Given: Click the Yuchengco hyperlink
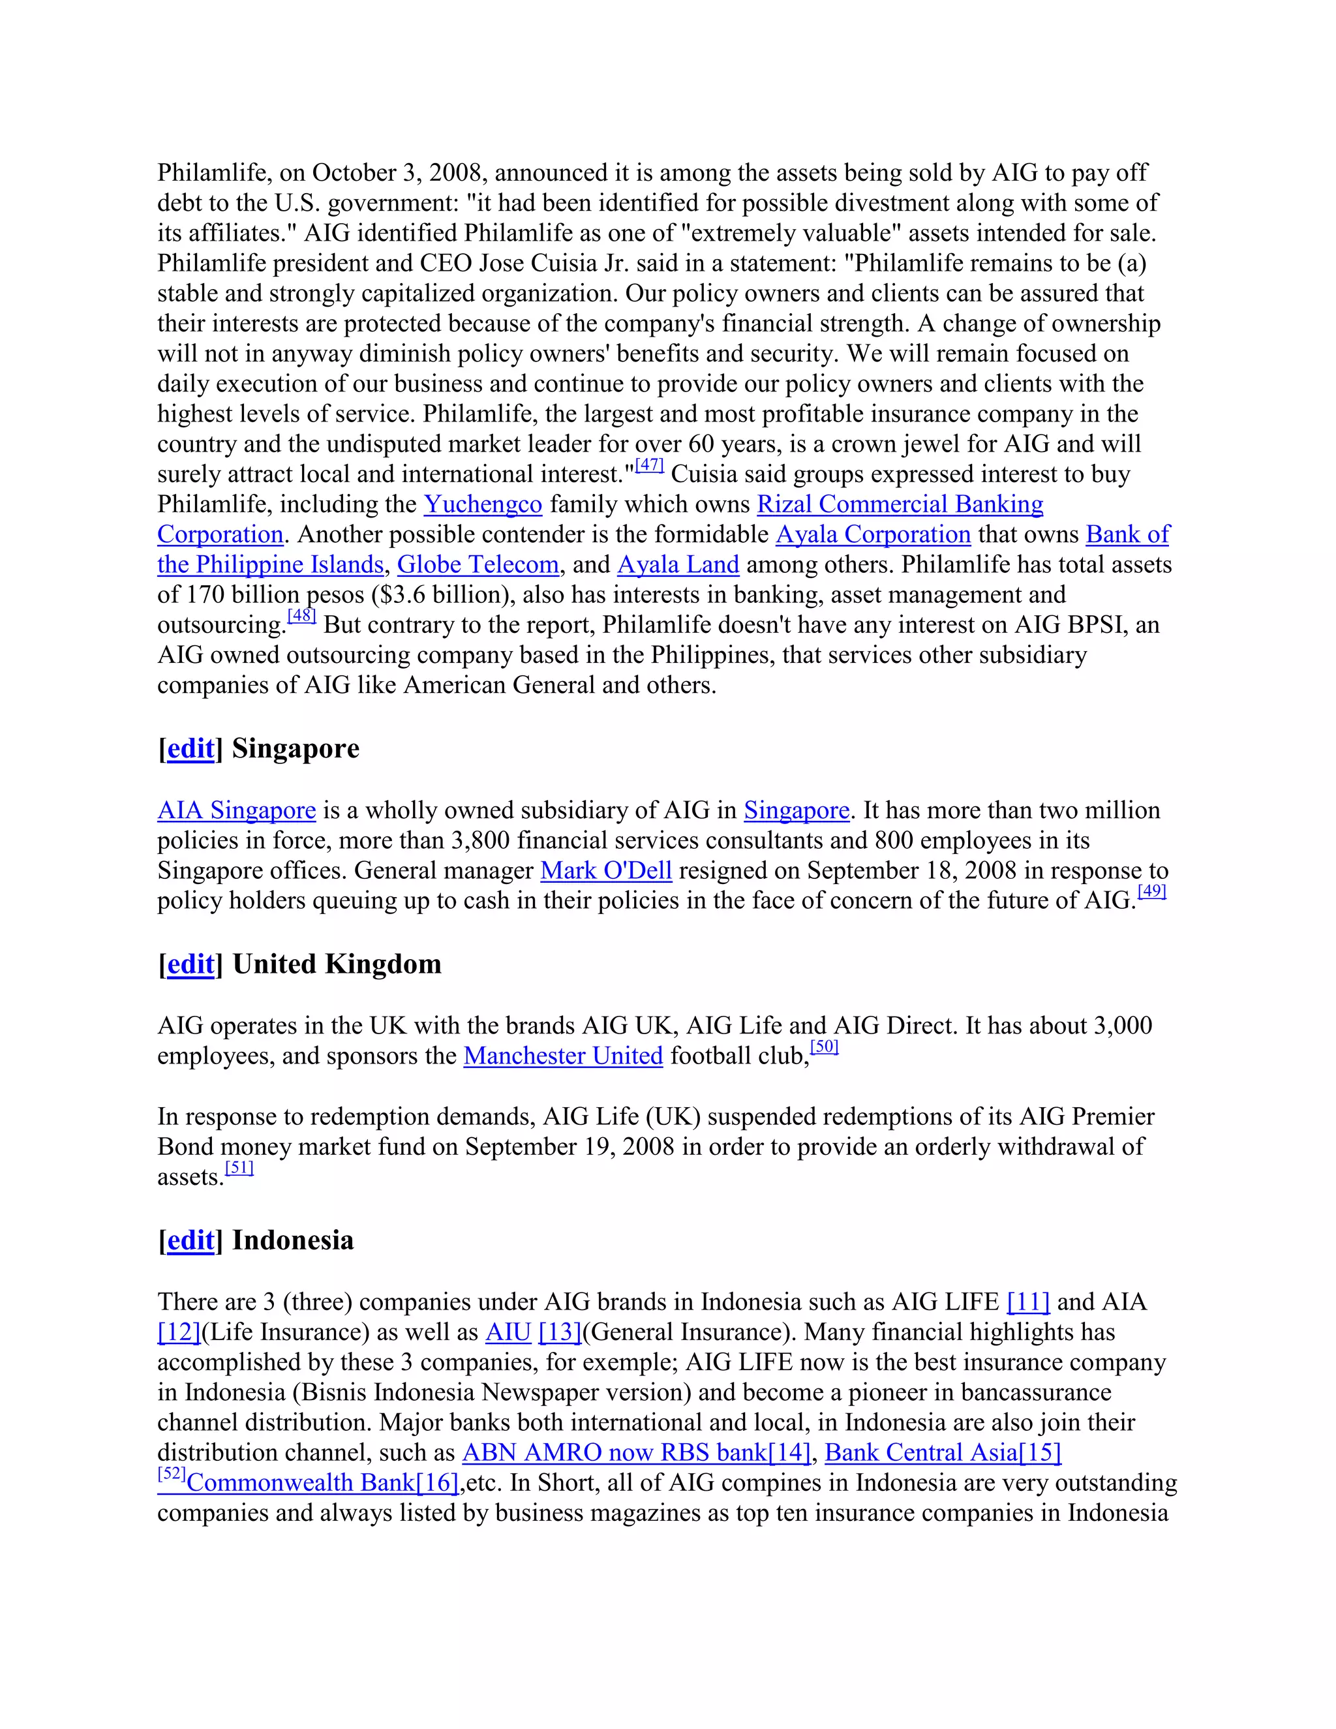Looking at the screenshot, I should (483, 504).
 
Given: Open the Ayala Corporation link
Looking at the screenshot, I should (873, 534).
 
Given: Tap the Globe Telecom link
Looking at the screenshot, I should (478, 564).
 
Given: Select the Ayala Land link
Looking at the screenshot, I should (678, 564).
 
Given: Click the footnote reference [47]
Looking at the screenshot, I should (649, 465).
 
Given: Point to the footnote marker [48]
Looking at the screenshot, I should (301, 616).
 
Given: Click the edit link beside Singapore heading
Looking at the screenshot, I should (190, 748).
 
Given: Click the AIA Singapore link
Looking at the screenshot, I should (237, 810).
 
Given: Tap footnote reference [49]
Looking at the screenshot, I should (1151, 892).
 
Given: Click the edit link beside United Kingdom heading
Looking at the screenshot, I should (190, 964).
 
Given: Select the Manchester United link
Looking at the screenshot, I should (563, 1056).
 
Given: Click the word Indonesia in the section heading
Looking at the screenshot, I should (293, 1240).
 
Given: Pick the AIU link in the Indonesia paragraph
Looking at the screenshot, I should (508, 1332).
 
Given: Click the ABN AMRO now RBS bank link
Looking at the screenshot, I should (614, 1453).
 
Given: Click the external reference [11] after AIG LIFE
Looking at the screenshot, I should (1028, 1302).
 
